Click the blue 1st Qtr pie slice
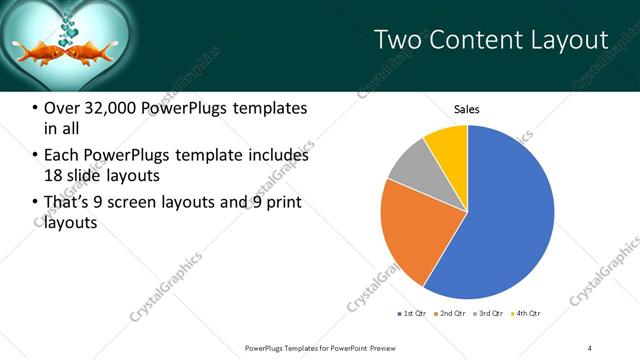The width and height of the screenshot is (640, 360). click(x=510, y=215)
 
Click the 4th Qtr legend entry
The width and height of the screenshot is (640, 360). click(x=528, y=314)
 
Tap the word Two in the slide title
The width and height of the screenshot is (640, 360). click(x=398, y=39)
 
